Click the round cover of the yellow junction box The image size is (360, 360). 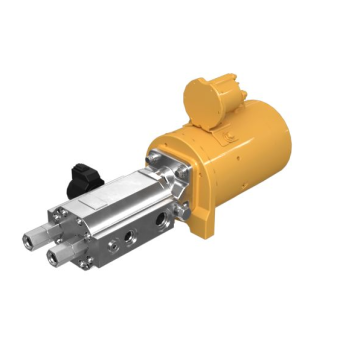point(200,98)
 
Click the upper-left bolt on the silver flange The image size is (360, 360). point(152,155)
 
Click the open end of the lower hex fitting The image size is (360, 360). point(49,263)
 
